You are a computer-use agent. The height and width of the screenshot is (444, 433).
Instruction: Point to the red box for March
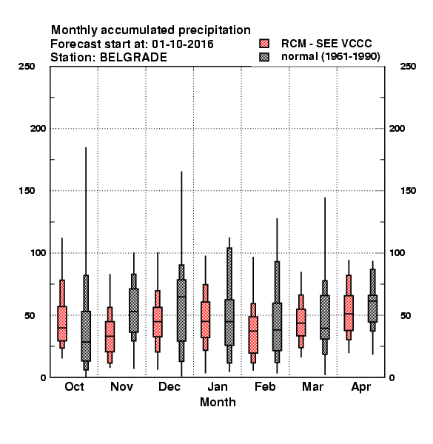coord(301,322)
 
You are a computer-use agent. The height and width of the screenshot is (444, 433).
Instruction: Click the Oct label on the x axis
coord(74,386)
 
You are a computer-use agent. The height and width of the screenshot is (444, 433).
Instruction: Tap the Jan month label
coord(218,386)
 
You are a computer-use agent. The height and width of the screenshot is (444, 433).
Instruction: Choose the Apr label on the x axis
coord(360,387)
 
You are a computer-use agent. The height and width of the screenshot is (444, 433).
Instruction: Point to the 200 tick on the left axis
coord(38,129)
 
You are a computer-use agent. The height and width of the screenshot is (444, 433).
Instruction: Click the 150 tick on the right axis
coord(408,191)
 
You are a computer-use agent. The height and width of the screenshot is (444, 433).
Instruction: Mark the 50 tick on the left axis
coord(30,315)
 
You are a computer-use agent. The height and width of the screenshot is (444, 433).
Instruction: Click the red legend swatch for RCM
coord(264,44)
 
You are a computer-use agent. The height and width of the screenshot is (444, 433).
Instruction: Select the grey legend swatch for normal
coord(264,57)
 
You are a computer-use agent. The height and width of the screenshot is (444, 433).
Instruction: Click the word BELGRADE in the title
coord(133,58)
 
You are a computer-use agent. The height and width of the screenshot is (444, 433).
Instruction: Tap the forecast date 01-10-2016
coord(183,44)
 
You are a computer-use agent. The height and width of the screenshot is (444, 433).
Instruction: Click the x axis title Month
coord(218,402)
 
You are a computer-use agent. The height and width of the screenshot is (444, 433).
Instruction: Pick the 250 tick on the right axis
coord(408,67)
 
